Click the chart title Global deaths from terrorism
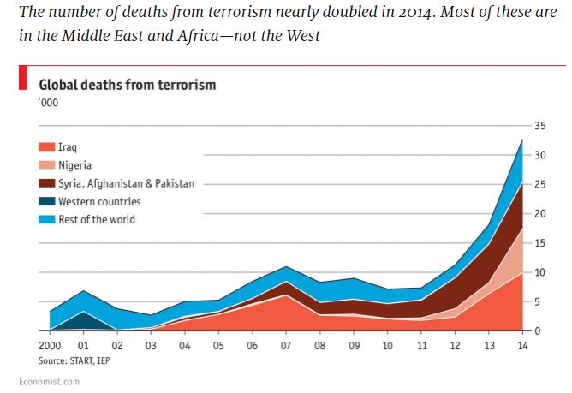pyautogui.click(x=128, y=85)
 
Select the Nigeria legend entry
pyautogui.click(x=74, y=165)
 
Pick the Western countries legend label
pyautogui.click(x=99, y=201)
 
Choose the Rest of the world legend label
pyautogui.click(x=97, y=219)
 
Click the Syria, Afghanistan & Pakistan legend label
pyautogui.click(x=126, y=183)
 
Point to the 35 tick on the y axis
pyautogui.click(x=539, y=126)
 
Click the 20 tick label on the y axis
pyautogui.click(x=539, y=214)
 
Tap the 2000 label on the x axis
pyautogui.click(x=51, y=345)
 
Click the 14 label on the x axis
pyautogui.click(x=521, y=345)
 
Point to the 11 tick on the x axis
pyautogui.click(x=422, y=345)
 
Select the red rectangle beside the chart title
pyautogui.click(x=24, y=80)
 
